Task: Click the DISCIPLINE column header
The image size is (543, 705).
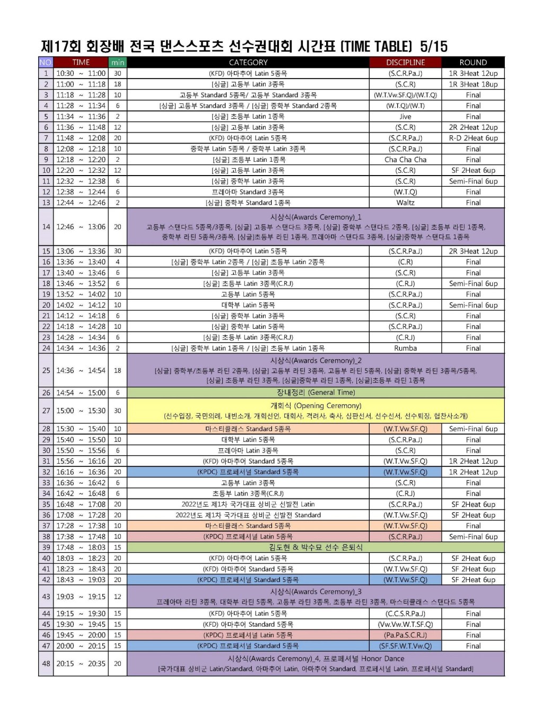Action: click(405, 62)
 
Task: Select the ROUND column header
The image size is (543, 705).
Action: click(473, 62)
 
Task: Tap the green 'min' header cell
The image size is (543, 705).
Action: click(117, 62)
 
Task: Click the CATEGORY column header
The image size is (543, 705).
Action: click(248, 62)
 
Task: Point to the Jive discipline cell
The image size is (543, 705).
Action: click(405, 117)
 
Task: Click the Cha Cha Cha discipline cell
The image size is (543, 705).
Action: click(405, 160)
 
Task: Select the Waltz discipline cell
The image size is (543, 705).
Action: click(405, 203)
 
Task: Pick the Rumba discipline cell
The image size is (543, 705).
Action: click(405, 348)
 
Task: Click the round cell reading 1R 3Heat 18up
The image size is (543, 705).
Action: click(473, 84)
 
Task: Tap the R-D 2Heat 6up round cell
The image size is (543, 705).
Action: click(473, 138)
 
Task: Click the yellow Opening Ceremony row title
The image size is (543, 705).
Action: click(316, 406)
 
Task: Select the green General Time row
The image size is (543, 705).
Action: click(316, 393)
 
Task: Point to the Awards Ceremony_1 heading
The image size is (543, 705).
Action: click(316, 217)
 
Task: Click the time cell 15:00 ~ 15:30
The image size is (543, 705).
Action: click(81, 411)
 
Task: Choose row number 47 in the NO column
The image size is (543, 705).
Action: click(46, 646)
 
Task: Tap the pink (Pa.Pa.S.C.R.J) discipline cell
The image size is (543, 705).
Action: click(405, 635)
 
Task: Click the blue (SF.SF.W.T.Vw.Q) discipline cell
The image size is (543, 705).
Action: click(405, 646)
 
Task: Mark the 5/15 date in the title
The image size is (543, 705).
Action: click(433, 46)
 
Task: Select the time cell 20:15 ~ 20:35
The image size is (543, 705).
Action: click(81, 664)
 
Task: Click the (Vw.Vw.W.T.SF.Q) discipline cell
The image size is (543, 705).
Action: click(405, 624)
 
